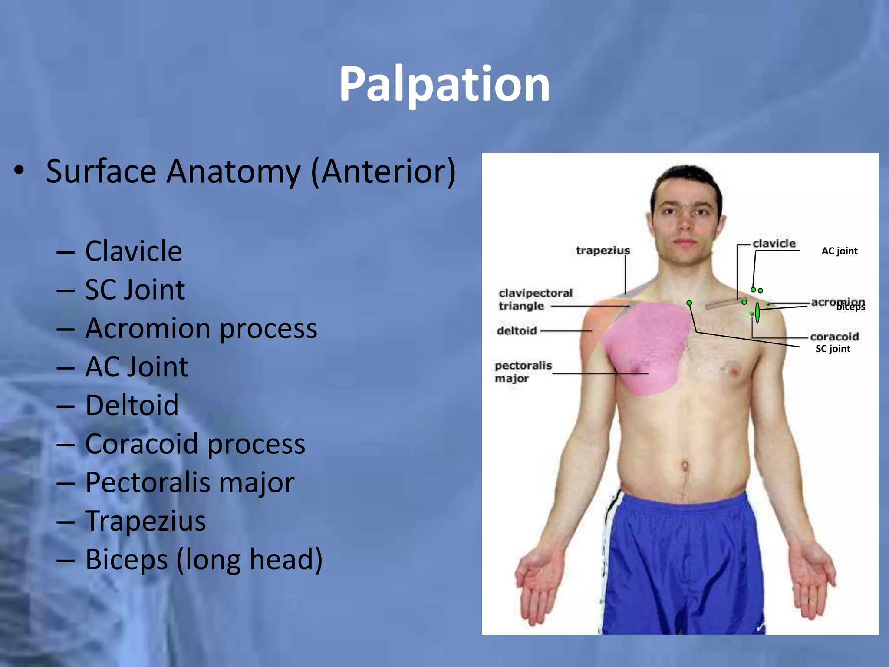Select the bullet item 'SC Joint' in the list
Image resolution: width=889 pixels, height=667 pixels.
pos(135,290)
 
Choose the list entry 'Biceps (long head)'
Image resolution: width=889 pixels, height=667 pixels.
pos(204,559)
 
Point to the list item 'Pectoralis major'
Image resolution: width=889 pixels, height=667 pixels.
pos(190,482)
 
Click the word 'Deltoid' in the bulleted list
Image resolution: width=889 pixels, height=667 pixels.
pos(132,405)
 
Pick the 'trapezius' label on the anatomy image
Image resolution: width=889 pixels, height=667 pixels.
pos(603,251)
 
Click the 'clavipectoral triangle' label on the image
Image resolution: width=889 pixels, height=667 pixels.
pos(535,299)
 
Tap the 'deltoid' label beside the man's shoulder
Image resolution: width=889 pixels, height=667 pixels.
pos(517,331)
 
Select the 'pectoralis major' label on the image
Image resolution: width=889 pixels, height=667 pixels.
pos(523,372)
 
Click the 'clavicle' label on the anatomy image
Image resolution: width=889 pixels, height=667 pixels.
pos(774,244)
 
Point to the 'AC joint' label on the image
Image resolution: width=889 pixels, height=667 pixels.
pos(839,251)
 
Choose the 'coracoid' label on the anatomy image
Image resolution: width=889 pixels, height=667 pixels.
pos(834,337)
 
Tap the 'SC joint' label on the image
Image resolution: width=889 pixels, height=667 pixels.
pos(833,349)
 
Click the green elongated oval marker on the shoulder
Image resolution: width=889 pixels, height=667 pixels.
pos(757,313)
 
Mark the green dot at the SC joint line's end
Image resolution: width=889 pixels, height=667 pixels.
pos(689,303)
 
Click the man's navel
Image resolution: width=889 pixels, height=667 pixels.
pos(685,467)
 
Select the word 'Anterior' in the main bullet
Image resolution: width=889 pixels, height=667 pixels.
pos(383,172)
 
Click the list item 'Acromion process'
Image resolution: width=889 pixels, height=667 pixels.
pos(201,328)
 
